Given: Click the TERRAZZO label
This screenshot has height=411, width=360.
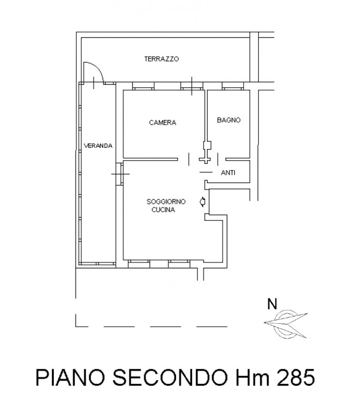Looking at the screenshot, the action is tap(161, 59).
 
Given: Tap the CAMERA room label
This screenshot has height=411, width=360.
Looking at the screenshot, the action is tap(162, 122).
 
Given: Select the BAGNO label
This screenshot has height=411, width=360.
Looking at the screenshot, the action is tap(229, 120).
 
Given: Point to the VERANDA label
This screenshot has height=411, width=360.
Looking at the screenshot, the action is tap(98, 146).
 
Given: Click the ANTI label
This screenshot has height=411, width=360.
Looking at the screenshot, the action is tap(228, 173).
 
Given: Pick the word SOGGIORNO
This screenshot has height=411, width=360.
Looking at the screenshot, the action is tap(166, 201).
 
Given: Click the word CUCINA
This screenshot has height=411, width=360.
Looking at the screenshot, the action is tap(163, 210).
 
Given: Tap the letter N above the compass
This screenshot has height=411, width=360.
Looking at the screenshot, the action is tap(272, 304).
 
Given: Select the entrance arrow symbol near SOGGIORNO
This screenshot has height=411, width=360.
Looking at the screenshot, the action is tap(202, 202).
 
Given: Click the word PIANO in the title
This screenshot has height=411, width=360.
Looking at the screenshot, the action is tap(70, 378).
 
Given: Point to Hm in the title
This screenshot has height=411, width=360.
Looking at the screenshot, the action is tap(252, 378).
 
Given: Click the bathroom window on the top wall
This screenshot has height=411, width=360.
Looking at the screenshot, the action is tap(233, 86).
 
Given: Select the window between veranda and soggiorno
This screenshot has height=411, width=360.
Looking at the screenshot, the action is tap(120, 174).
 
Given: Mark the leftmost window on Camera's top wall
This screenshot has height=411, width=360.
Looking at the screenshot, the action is tap(143, 86).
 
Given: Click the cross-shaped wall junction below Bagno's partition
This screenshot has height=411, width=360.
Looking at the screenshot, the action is tap(205, 159).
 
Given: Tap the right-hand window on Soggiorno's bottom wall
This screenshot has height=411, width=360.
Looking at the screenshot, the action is tap(179, 264).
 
